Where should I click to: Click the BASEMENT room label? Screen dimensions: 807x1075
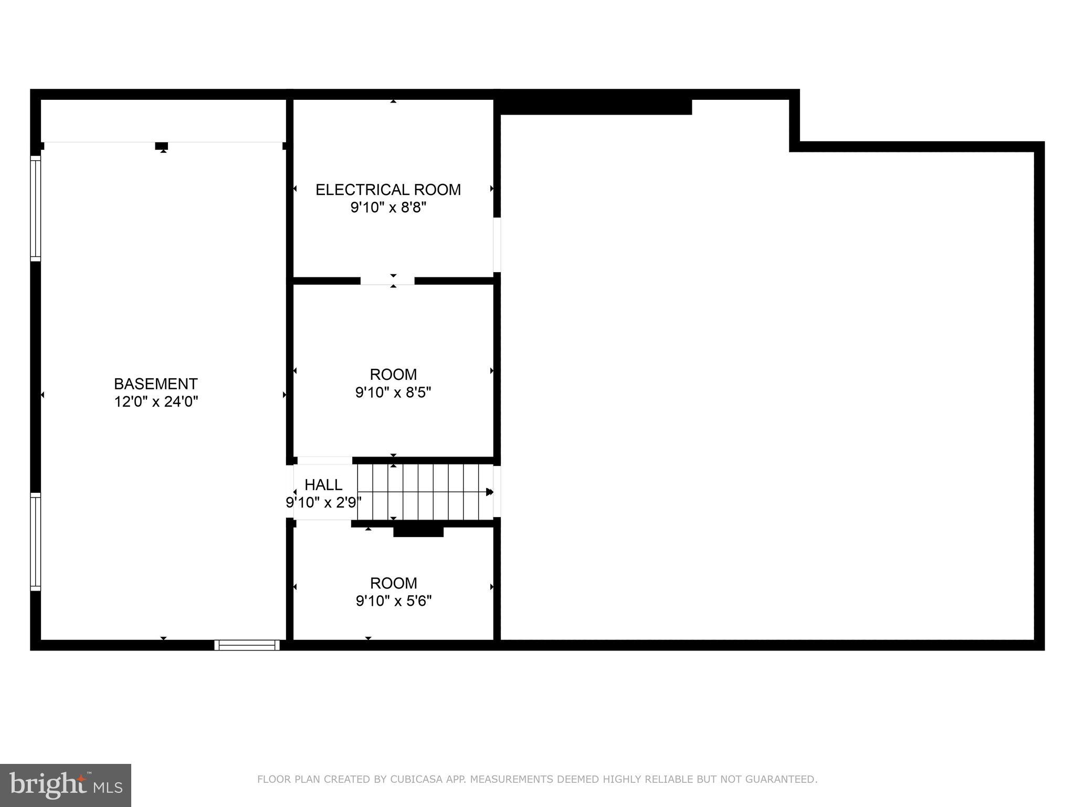(156, 384)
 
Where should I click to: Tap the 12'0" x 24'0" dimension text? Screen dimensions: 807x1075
(156, 402)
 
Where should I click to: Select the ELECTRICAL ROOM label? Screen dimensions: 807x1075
(388, 190)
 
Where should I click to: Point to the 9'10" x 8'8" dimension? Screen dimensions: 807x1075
(388, 208)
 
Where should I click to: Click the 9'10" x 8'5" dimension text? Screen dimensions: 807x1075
(393, 392)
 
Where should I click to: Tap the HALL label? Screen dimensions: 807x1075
(323, 484)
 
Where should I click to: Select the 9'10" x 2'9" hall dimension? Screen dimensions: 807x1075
(323, 503)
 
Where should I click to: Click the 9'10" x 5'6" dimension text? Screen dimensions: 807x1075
(394, 601)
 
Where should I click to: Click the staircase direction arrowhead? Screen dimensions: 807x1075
(489, 492)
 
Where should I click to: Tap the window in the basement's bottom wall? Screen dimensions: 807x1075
(247, 645)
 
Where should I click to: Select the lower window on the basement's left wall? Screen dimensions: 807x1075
(35, 542)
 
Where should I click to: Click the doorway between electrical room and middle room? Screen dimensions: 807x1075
(387, 281)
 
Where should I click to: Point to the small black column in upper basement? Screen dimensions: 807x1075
(162, 146)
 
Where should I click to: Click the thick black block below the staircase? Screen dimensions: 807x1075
(418, 532)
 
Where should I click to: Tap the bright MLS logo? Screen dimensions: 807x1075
(66, 785)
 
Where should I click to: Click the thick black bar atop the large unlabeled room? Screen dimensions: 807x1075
(596, 107)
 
